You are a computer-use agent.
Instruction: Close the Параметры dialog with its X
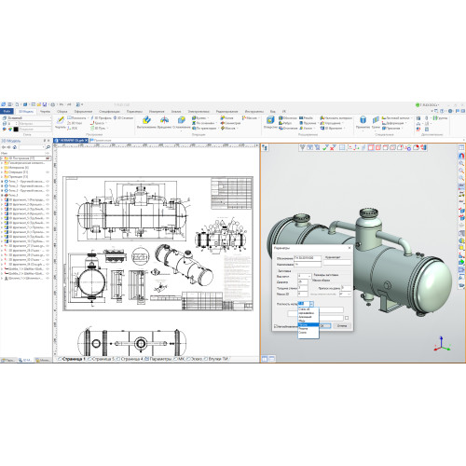coord(349,247)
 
